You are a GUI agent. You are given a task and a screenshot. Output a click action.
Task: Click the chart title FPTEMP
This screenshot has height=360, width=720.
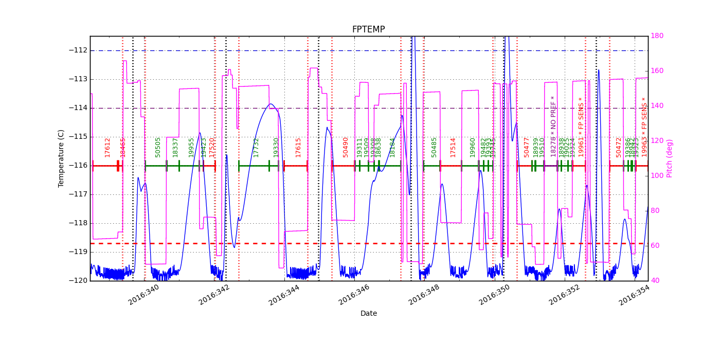click(x=368, y=29)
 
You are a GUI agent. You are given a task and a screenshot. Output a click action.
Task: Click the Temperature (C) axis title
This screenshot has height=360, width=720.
click(x=61, y=158)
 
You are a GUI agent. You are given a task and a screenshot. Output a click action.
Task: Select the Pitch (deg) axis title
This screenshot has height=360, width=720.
click(x=670, y=158)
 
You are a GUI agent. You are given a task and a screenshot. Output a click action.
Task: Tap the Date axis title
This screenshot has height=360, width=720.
click(x=368, y=313)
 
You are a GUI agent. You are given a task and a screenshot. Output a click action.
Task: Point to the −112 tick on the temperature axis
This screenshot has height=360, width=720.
click(x=78, y=50)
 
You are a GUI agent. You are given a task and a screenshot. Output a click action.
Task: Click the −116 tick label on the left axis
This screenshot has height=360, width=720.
click(x=78, y=166)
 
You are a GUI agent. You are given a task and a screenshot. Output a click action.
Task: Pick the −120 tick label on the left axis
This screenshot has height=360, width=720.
click(x=78, y=281)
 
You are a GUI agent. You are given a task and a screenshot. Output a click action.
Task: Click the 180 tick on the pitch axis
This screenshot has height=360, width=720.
click(x=656, y=36)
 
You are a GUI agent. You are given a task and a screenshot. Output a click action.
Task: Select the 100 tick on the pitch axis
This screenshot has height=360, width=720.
click(x=656, y=176)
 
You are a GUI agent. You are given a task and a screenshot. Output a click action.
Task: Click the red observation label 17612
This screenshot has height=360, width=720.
click(x=107, y=147)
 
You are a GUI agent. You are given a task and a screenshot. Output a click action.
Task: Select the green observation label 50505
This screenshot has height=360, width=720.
click(x=158, y=147)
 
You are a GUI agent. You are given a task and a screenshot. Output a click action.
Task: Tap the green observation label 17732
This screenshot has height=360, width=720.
click(x=256, y=147)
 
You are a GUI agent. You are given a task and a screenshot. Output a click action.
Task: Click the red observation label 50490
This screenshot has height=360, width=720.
click(x=346, y=147)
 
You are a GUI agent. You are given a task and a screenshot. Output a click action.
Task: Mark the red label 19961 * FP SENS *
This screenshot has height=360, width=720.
click(x=581, y=127)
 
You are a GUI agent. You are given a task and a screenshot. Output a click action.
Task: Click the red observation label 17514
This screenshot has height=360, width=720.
click(x=453, y=147)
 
